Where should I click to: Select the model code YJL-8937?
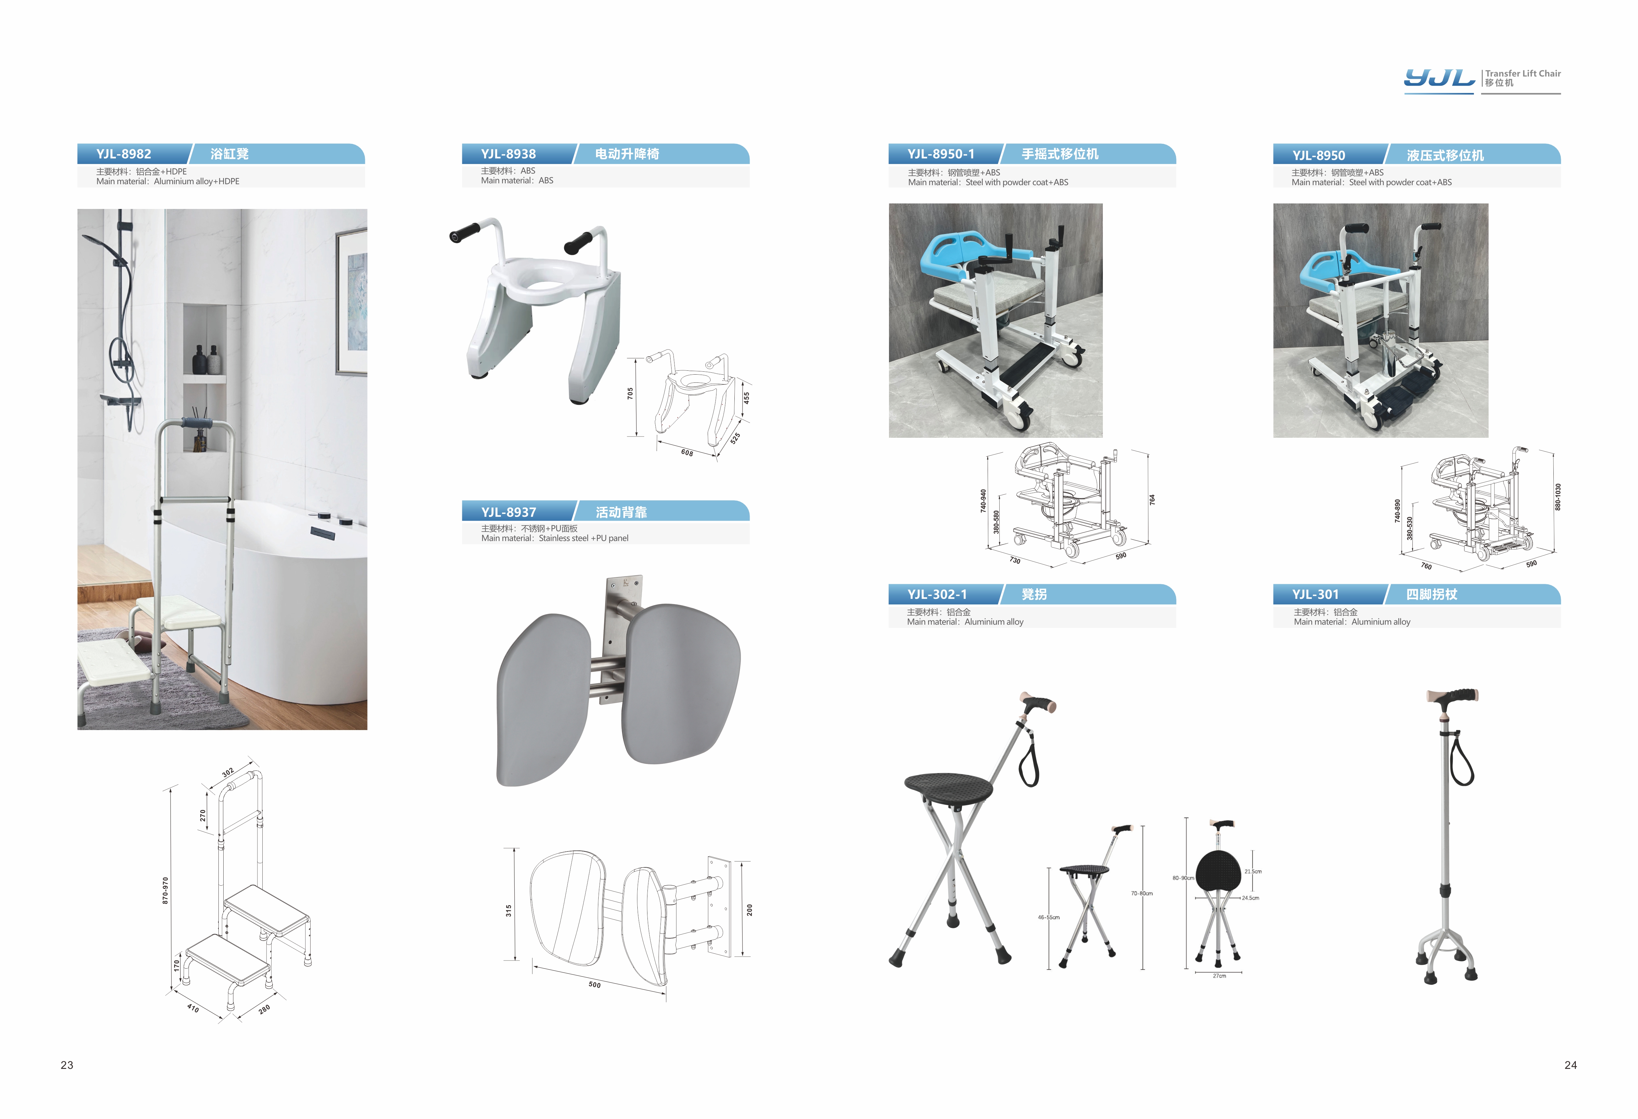(508, 512)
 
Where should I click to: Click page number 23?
(67, 1065)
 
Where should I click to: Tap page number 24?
(1570, 1065)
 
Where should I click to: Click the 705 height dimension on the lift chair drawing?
(630, 393)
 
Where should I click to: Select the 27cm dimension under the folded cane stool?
(1219, 976)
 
